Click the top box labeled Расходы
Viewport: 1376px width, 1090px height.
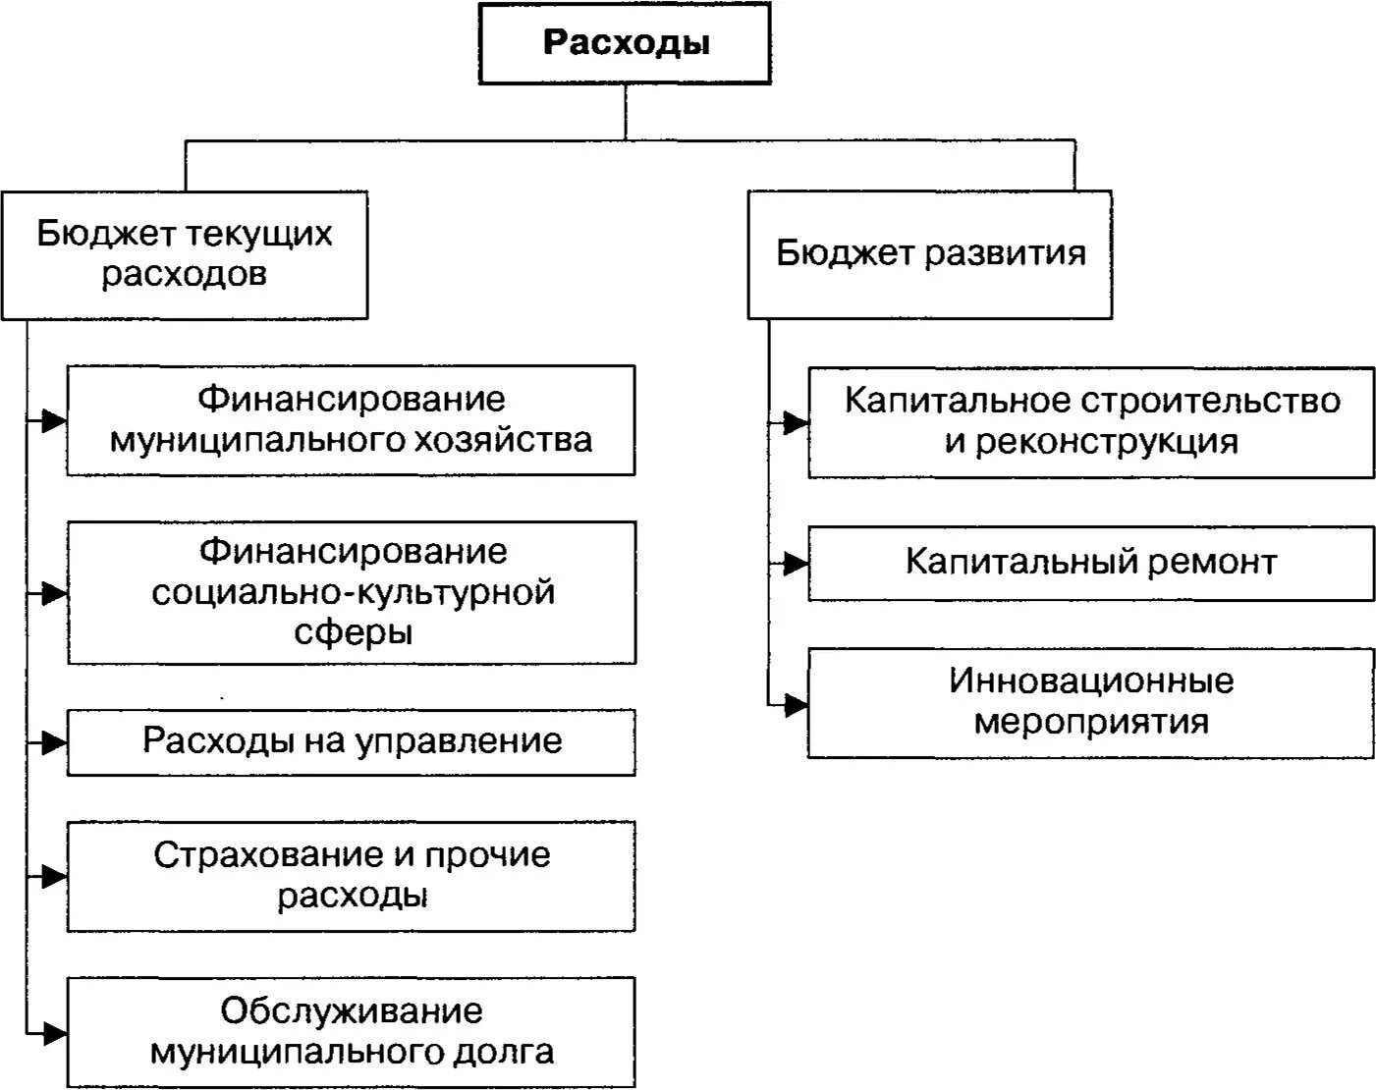[625, 44]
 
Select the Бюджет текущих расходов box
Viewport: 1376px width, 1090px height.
[185, 254]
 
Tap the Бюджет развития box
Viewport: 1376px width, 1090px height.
[930, 254]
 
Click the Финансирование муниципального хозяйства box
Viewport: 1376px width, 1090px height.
[351, 420]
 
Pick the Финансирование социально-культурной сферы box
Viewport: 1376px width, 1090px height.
[352, 592]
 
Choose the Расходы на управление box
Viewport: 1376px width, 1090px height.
[352, 741]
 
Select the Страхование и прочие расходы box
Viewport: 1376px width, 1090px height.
[352, 875]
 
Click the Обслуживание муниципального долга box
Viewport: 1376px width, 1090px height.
[352, 1031]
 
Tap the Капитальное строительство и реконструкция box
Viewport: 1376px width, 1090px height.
[1091, 422]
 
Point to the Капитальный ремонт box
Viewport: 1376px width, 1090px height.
[1091, 563]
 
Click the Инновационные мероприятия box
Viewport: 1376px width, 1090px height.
[1091, 702]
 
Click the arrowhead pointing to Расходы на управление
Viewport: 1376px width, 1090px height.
[54, 742]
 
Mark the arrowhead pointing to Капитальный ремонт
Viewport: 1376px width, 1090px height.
[796, 564]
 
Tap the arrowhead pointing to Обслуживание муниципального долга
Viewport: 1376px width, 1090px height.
[54, 1033]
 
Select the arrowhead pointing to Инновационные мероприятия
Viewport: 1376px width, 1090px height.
[796, 704]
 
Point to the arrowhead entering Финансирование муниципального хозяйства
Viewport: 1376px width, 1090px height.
[54, 421]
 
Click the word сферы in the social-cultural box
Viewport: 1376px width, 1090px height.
[353, 631]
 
